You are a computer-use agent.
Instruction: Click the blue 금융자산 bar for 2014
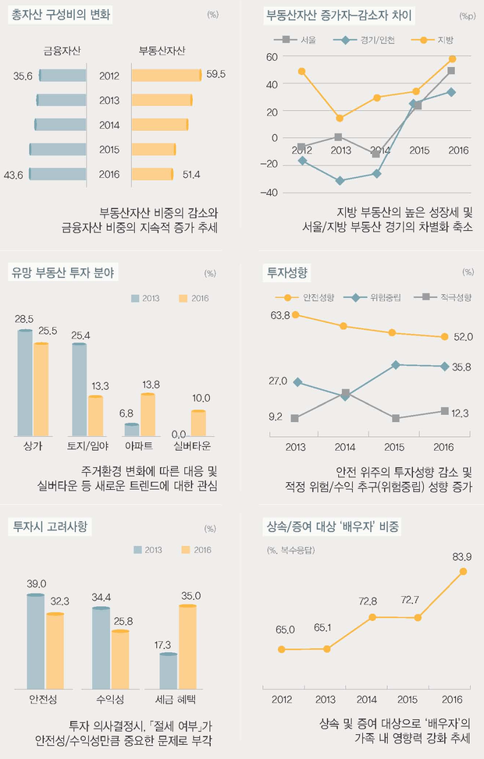[x=61, y=125]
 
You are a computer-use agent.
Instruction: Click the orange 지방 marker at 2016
[x=452, y=59]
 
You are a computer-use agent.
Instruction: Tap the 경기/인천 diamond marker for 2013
[x=339, y=181]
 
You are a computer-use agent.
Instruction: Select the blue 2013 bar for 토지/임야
[x=78, y=388]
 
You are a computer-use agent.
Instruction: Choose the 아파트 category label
[x=138, y=446]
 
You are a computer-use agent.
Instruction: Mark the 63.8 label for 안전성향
[x=280, y=315]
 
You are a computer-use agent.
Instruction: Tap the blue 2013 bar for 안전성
[x=35, y=641]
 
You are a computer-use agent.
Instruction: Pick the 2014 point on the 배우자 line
[x=373, y=617]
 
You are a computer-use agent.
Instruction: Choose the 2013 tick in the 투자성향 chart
[x=295, y=447]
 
